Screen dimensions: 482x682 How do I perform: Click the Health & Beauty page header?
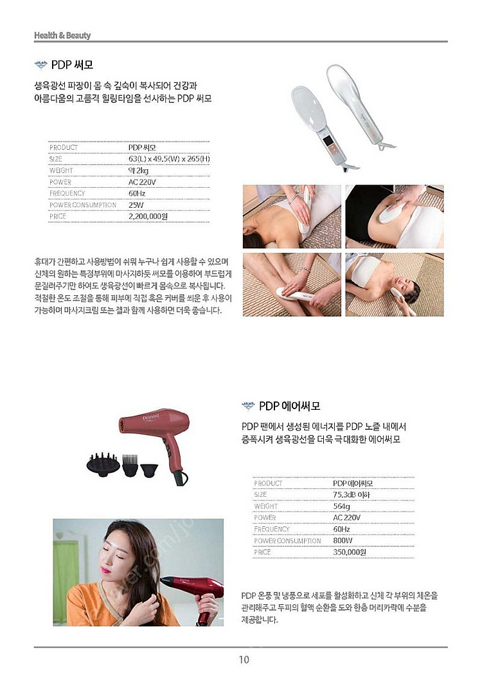[x=62, y=35]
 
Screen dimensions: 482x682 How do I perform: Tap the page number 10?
[x=244, y=660]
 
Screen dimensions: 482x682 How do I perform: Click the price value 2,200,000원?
[x=148, y=216]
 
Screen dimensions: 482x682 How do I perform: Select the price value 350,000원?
[x=350, y=552]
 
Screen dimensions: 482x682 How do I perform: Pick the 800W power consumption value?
[x=343, y=540]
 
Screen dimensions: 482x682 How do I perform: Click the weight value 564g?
[x=342, y=506]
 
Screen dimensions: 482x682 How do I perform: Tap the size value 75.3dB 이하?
[x=352, y=495]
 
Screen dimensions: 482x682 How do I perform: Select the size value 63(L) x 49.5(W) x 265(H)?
[x=169, y=159]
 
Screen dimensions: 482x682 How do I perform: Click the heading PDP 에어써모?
[x=289, y=406]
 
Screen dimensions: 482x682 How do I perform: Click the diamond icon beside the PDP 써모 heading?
[x=40, y=65]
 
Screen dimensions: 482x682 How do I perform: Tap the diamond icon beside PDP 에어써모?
[x=248, y=406]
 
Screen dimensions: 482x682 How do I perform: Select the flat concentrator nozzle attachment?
[x=149, y=469]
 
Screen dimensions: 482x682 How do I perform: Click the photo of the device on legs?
[x=292, y=284]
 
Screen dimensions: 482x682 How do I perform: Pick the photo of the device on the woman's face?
[x=395, y=284]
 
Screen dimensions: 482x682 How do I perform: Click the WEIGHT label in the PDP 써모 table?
[x=61, y=170]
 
